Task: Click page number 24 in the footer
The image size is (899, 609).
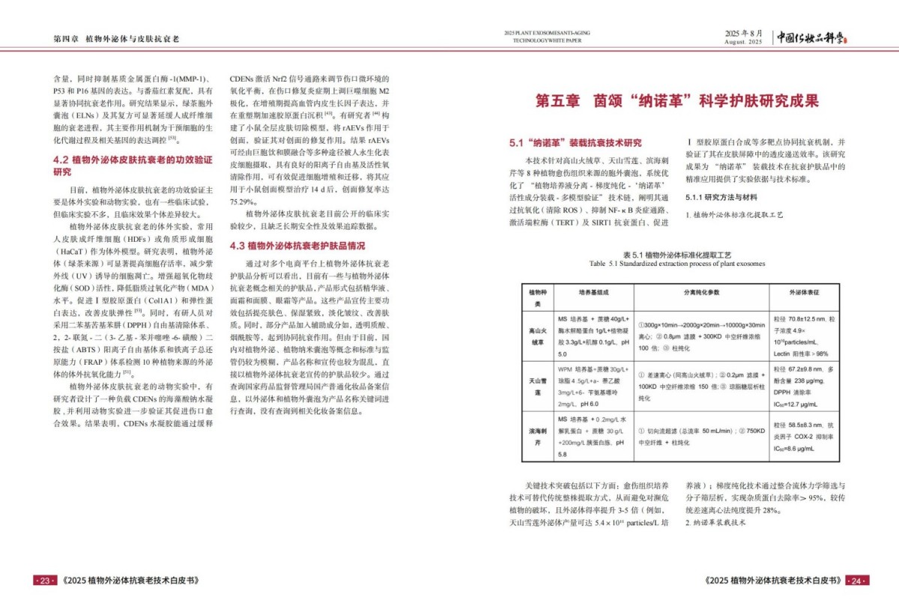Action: [x=856, y=581]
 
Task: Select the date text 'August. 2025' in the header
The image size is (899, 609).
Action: [x=743, y=43]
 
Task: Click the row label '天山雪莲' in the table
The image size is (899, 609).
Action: [x=537, y=386]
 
